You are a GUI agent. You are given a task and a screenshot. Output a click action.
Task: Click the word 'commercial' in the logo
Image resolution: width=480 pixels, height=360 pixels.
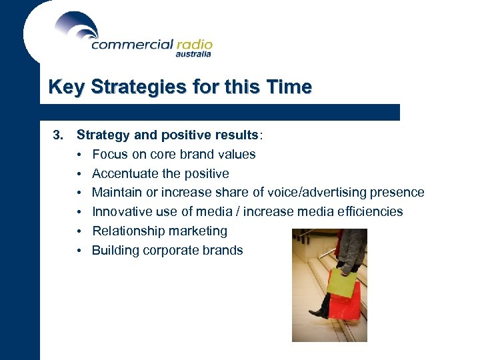tap(132, 45)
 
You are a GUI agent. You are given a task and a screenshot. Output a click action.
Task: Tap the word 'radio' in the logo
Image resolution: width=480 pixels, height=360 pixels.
tap(194, 45)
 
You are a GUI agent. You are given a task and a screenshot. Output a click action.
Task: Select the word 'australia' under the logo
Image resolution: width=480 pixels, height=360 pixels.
tap(193, 55)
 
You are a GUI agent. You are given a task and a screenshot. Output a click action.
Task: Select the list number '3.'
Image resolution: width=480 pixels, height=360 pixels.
tap(59, 135)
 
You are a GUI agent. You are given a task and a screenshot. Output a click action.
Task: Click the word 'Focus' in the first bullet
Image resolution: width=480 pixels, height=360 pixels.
tap(108, 154)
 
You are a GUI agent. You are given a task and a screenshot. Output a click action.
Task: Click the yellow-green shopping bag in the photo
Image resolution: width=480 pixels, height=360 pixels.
tap(341, 283)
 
